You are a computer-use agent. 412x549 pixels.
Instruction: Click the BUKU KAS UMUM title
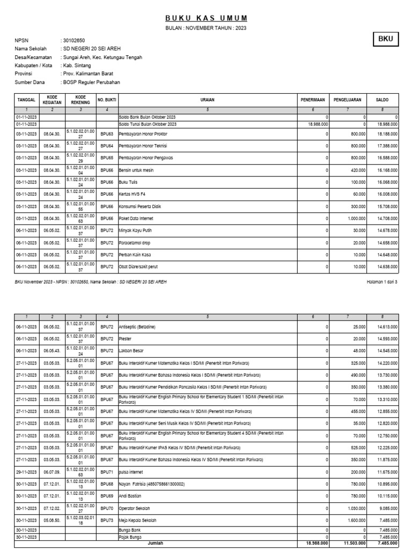[206, 18]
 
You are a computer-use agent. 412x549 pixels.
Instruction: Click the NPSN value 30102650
[74, 41]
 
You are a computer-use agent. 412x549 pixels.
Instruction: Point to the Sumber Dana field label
[30, 83]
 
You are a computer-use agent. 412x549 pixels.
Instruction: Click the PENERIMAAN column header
[313, 100]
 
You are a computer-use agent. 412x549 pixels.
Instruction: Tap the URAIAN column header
[208, 100]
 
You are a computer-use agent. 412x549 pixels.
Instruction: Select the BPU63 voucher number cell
[107, 133]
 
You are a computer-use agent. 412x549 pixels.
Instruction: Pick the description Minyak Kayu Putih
[137, 231]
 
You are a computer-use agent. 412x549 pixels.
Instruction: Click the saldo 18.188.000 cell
[387, 133]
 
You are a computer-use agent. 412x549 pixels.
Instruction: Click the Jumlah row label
[155, 543]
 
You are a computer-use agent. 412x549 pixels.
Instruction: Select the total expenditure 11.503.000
[355, 543]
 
